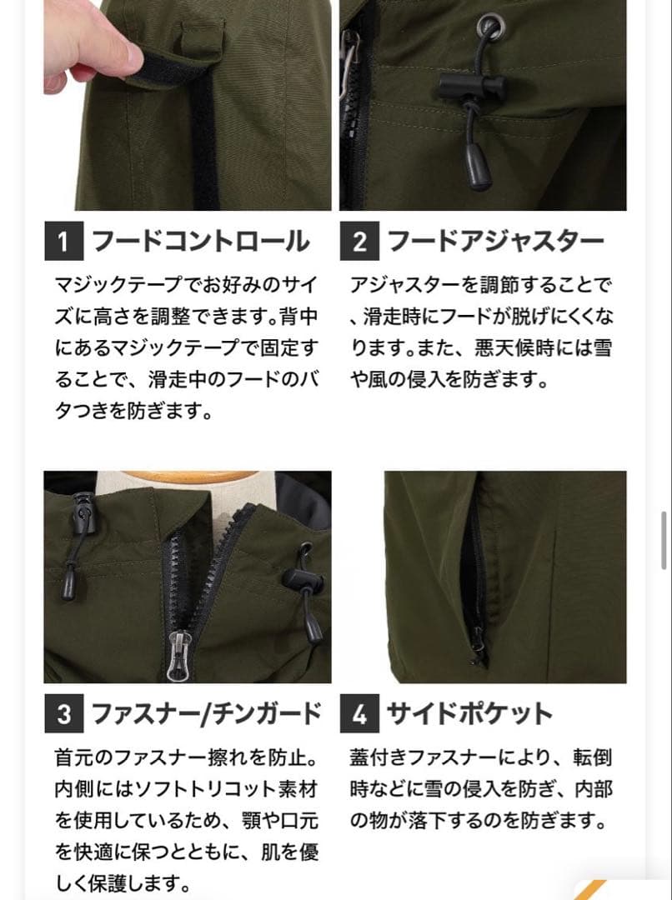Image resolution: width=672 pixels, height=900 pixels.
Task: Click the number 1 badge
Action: (x=63, y=242)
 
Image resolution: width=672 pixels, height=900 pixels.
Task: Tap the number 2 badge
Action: (x=359, y=242)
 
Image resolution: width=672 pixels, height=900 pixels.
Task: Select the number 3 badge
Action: (x=63, y=714)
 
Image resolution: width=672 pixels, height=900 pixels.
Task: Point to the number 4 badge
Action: (x=359, y=714)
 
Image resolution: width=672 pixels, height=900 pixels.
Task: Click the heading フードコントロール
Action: (x=200, y=242)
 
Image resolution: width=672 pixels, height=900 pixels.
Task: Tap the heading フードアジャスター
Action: (x=495, y=242)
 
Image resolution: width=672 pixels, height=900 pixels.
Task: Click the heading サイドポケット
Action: (x=469, y=714)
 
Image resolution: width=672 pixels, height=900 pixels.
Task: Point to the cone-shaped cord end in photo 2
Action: (x=477, y=172)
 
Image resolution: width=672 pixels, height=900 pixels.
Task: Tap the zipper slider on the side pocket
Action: (x=478, y=642)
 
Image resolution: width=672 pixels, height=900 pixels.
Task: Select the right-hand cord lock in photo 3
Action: (x=298, y=577)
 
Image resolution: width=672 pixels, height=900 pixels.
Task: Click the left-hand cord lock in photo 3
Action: (x=81, y=510)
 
